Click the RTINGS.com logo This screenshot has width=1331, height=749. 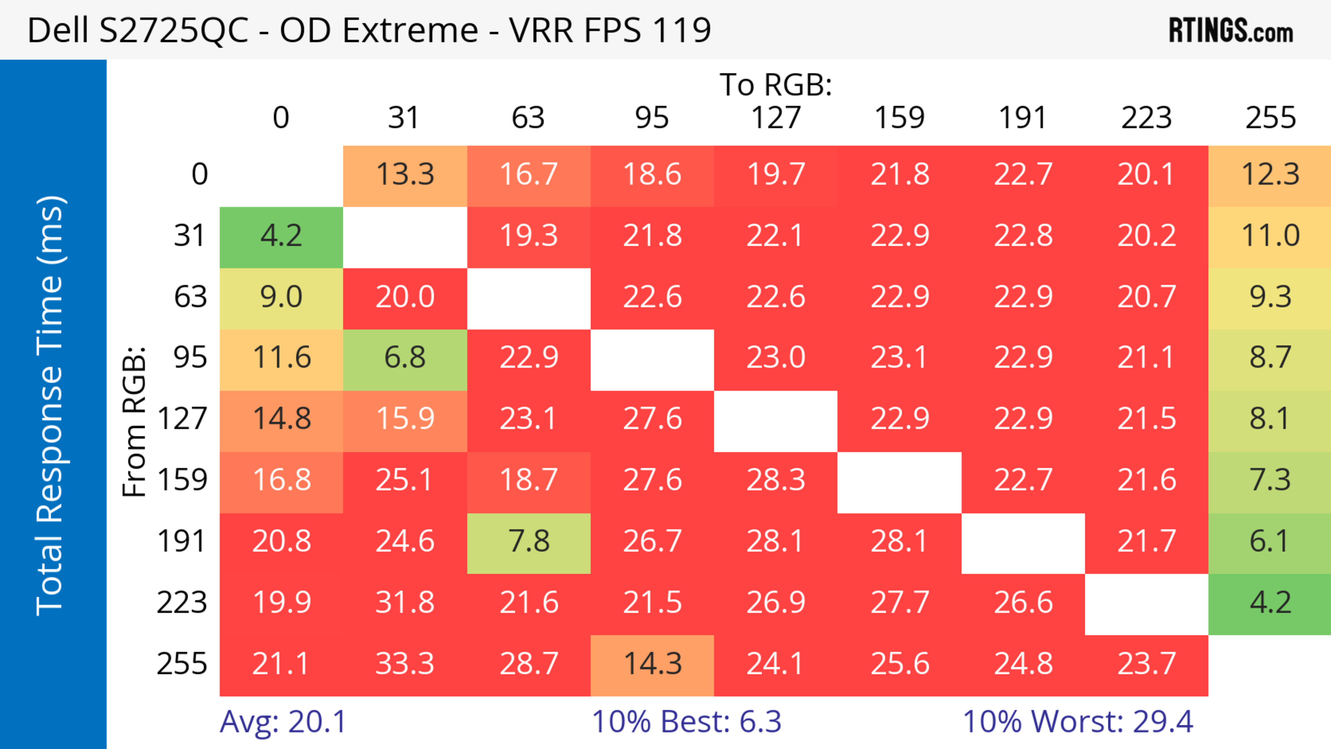coord(1231,30)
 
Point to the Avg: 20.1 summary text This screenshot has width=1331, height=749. coord(282,722)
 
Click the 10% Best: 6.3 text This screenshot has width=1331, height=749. coord(686,722)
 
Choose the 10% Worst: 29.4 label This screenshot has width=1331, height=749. coord(1078,722)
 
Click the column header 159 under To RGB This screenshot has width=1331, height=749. coord(899,118)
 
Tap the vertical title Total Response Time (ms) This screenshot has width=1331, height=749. coord(50,406)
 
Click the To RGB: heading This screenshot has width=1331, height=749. coord(776,85)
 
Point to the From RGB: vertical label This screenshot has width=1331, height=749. coord(134,421)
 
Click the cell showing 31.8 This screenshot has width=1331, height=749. coord(404,603)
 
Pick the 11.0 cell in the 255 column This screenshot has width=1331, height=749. coord(1270,236)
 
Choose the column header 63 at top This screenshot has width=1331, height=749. coord(528,118)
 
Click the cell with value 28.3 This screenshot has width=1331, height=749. coord(776,480)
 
